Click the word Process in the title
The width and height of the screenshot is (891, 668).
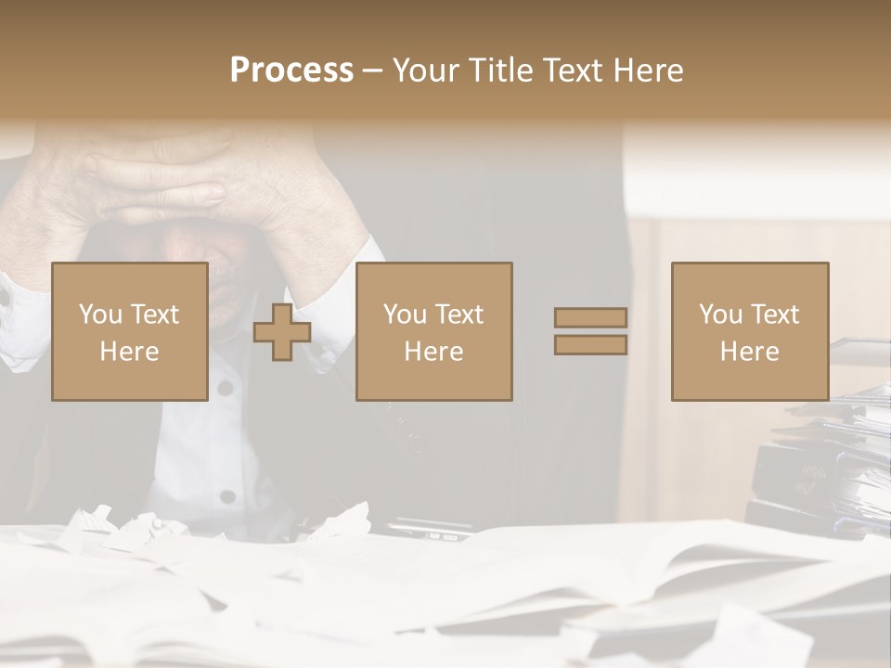point(291,71)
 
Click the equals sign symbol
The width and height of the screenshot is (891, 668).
point(590,331)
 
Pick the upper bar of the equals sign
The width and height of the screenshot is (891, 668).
point(590,318)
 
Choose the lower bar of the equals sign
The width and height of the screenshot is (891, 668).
point(590,344)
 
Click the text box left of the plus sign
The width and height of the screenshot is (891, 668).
point(130,331)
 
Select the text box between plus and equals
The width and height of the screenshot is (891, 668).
point(433,331)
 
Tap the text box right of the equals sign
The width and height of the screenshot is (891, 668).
point(749,331)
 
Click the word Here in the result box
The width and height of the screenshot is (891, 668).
point(749,351)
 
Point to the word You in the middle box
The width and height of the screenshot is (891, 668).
point(405,315)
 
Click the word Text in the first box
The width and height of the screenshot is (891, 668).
point(155,315)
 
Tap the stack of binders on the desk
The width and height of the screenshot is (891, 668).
point(817,464)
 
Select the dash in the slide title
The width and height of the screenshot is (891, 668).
point(373,71)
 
